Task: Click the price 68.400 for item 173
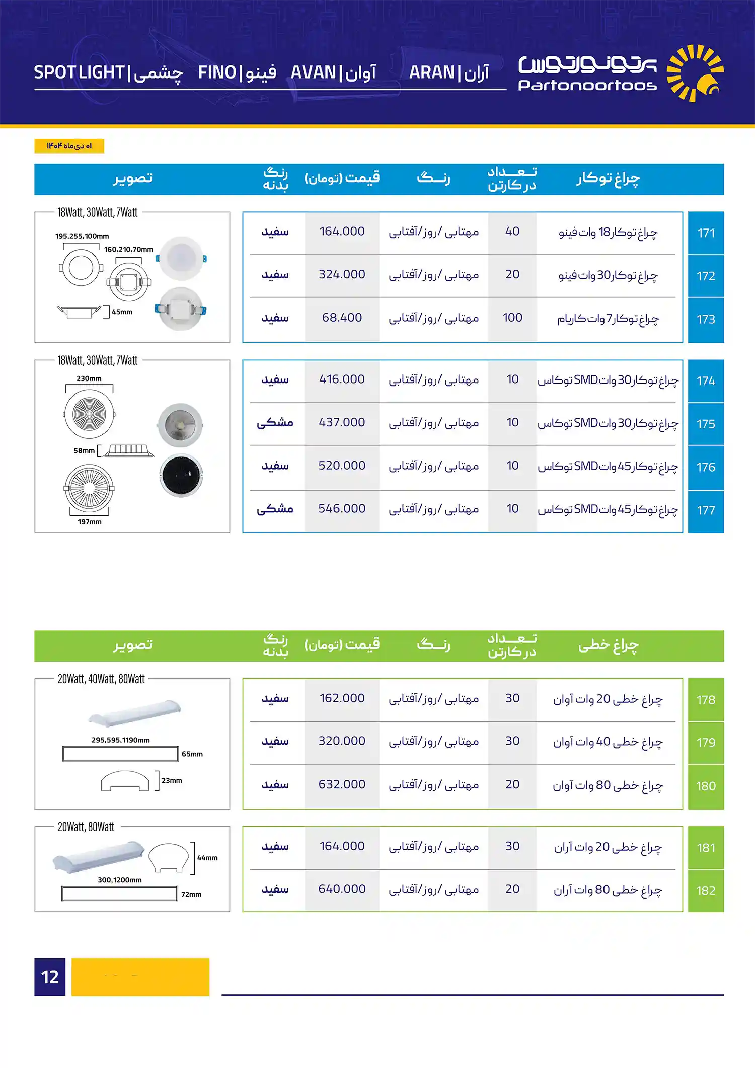[342, 318]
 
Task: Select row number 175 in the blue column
[706, 424]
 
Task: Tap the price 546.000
[342, 508]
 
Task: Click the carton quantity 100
[512, 318]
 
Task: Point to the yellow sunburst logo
[695, 73]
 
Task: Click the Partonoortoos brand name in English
[587, 85]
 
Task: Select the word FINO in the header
[217, 72]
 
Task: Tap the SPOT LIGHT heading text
[79, 72]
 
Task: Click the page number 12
[50, 977]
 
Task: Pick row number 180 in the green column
[706, 786]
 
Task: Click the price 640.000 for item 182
[342, 889]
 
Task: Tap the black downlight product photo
[181, 476]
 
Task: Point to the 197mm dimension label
[90, 522]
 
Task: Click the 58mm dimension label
[84, 450]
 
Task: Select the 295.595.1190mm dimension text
[121, 740]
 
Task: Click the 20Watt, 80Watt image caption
[86, 827]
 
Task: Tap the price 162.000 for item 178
[342, 698]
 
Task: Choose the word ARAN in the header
[431, 72]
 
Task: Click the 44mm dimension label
[207, 858]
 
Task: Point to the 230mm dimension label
[89, 378]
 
